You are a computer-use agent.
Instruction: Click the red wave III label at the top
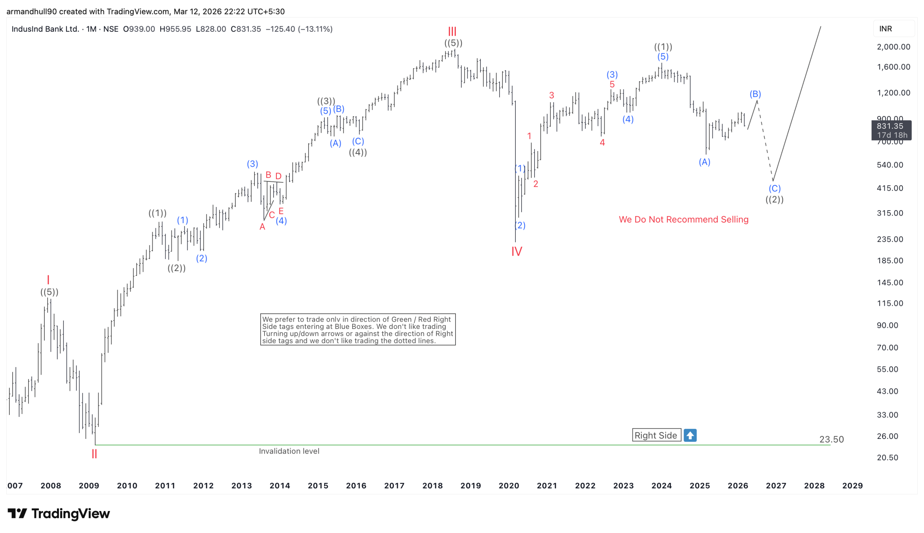coord(452,31)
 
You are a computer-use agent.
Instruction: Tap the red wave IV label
coord(516,251)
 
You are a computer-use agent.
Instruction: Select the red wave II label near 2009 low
coord(94,454)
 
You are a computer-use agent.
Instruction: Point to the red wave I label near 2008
coord(48,280)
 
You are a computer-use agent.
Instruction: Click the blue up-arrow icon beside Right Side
coord(689,435)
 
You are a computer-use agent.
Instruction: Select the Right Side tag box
coord(656,435)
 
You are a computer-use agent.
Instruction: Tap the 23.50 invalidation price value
coord(831,439)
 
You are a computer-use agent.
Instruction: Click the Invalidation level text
coord(289,451)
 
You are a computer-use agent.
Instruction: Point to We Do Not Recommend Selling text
coord(683,219)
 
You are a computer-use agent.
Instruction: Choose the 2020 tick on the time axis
coord(509,485)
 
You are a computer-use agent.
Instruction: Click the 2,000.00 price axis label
coord(893,47)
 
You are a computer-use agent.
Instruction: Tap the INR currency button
coord(885,28)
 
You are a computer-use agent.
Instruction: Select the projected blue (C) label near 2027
coord(774,189)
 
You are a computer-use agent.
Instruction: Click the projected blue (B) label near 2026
coord(755,94)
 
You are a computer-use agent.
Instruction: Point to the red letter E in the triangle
coord(281,211)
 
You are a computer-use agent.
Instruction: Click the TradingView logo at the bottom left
coord(58,514)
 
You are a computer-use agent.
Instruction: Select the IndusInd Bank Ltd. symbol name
coord(45,29)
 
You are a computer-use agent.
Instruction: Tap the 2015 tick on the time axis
coord(318,485)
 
